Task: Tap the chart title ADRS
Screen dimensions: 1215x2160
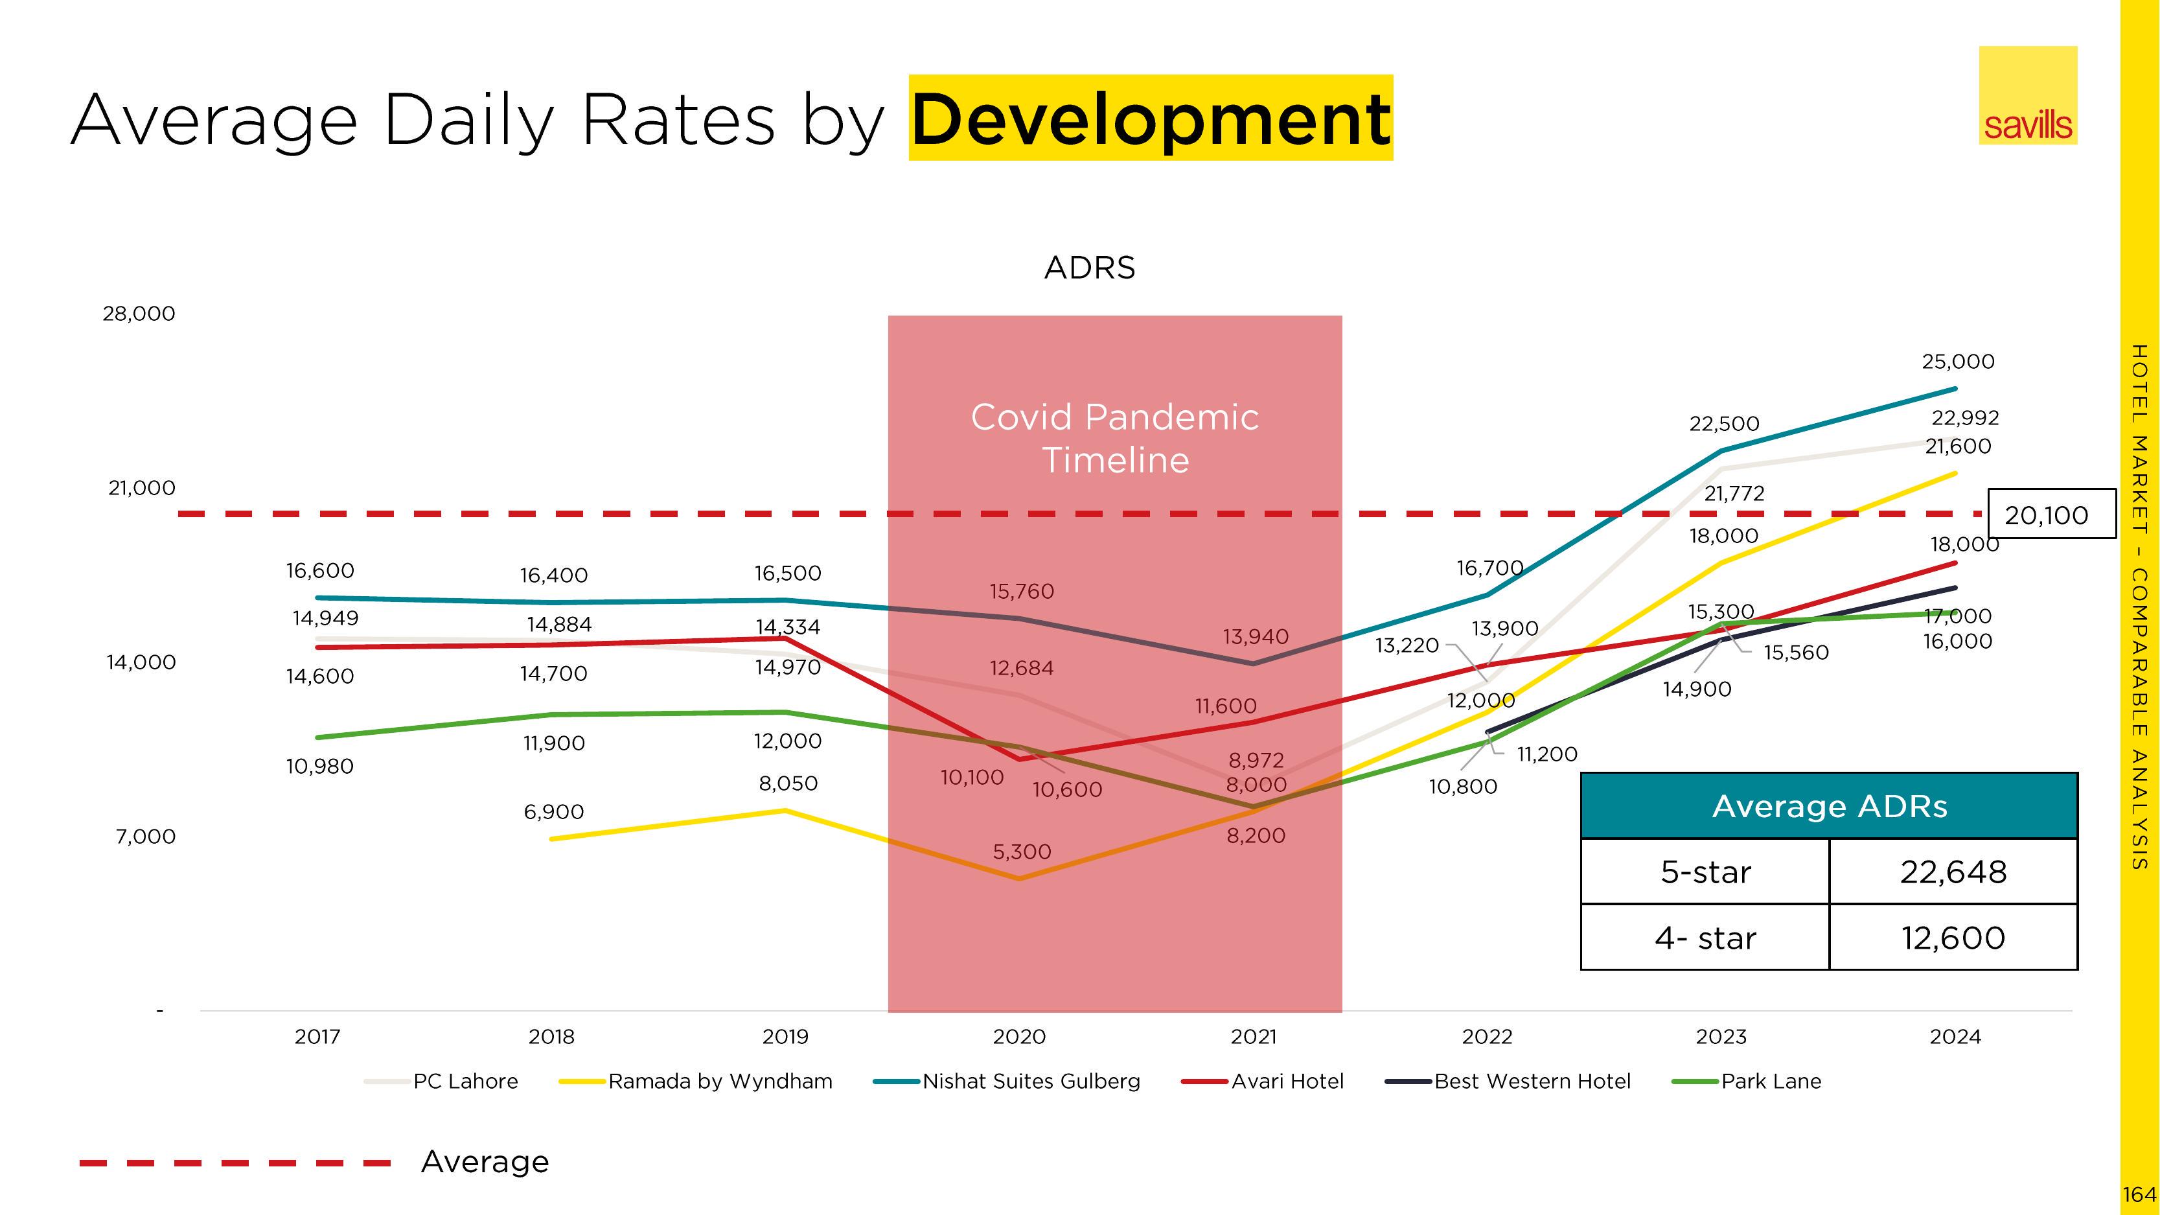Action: [x=1089, y=268]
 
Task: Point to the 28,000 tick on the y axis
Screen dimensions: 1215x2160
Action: [x=139, y=314]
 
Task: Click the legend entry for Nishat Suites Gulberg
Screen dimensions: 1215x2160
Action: [x=1031, y=1082]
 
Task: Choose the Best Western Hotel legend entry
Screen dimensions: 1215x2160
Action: [x=1532, y=1082]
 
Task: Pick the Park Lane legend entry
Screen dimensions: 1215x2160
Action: [x=1770, y=1082]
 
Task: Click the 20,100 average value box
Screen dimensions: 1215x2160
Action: [x=2046, y=515]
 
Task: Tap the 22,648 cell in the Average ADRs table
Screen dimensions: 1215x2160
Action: [x=1953, y=872]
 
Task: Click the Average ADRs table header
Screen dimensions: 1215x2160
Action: [x=1829, y=806]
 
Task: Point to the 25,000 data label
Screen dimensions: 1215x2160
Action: [x=1958, y=362]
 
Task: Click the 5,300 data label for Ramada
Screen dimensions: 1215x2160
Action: [x=1021, y=852]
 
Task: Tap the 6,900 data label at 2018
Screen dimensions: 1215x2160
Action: [x=553, y=812]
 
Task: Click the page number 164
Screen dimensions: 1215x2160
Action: [x=2139, y=1194]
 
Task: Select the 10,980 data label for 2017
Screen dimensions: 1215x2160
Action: [x=319, y=767]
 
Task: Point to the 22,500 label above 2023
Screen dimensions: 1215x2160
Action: [x=1724, y=423]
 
